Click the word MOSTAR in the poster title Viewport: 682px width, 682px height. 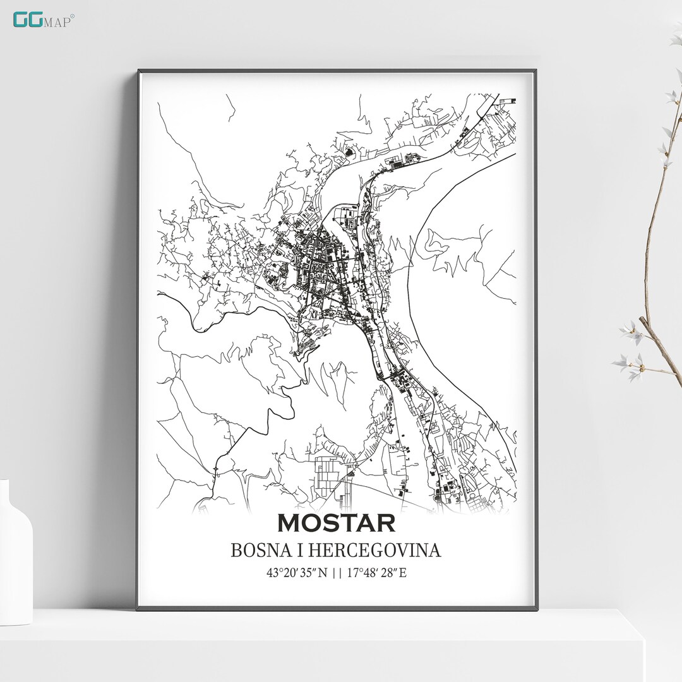tap(336, 523)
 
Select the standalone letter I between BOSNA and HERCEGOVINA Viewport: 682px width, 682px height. tap(290, 551)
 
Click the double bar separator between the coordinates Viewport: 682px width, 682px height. tap(336, 573)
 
